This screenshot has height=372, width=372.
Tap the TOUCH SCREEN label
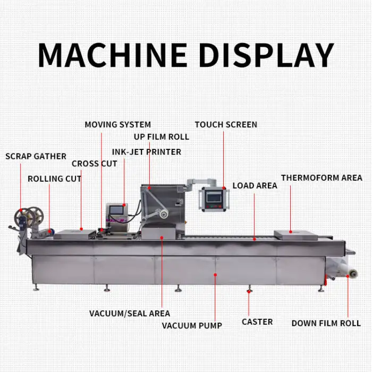coord(226,125)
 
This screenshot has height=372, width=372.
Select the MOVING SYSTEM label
coord(117,125)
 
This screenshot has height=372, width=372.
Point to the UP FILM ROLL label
coord(161,137)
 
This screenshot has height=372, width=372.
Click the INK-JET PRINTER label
coord(146,152)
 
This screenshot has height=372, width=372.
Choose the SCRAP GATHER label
coord(36,156)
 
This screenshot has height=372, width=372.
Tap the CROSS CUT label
coord(94,164)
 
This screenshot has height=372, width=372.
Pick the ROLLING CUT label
coord(54,179)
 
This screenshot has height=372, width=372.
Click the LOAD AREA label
coord(255,186)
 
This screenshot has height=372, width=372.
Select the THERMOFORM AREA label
coord(322,178)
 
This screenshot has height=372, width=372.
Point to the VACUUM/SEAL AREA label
coord(130,314)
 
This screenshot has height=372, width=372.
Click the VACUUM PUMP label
coord(192,325)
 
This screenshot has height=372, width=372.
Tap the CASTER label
coord(257,322)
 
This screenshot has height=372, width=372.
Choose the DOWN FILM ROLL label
coord(326,323)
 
